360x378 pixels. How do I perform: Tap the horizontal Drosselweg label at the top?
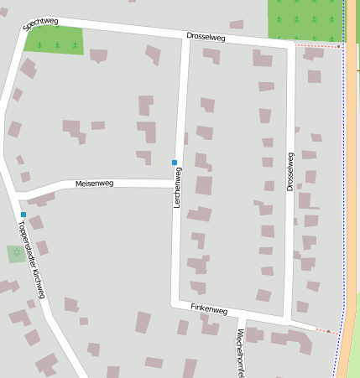tap(206, 37)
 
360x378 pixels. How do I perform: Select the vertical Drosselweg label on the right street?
tap(290, 172)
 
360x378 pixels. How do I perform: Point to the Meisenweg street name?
tap(94, 183)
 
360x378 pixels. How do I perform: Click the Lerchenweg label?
tap(177, 188)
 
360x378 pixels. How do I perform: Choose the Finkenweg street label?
tap(209, 309)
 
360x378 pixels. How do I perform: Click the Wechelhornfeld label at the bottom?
tap(240, 352)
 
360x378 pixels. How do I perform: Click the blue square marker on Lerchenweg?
tap(175, 162)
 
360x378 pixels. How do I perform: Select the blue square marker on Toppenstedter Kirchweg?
tap(23, 215)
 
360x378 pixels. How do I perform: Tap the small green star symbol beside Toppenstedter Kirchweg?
tap(16, 252)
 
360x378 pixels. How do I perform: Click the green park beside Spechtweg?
tap(55, 40)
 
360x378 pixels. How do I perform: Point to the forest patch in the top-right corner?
tap(305, 18)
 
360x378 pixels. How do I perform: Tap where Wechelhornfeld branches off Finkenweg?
tap(241, 316)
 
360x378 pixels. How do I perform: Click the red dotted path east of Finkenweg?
tap(322, 330)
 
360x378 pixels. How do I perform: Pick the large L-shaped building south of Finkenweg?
tap(297, 341)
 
